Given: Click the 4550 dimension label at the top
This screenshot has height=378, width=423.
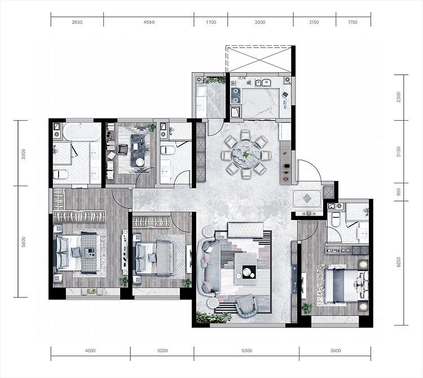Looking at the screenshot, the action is click(149, 22).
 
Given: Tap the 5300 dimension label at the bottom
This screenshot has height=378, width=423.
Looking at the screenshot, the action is click(247, 350).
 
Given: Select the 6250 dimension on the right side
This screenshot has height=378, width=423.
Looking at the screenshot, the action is click(399, 262).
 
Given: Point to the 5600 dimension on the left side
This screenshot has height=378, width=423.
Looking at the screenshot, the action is click(24, 242).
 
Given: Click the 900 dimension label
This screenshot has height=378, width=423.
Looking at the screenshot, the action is click(399, 192).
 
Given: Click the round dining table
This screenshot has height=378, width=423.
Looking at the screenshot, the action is click(246, 155).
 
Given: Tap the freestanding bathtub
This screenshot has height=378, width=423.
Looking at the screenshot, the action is click(81, 131).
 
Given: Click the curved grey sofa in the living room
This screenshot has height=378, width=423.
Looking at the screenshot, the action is click(209, 266).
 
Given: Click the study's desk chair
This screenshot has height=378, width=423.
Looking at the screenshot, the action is click(122, 149).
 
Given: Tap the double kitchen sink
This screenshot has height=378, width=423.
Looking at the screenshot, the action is click(263, 82).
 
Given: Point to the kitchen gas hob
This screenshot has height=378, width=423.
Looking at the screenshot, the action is click(236, 95).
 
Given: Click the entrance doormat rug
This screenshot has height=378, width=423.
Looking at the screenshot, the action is click(307, 198).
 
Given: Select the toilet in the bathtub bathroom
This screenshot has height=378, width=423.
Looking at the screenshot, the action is click(60, 174).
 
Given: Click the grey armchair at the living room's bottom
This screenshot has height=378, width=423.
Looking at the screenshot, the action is click(246, 305).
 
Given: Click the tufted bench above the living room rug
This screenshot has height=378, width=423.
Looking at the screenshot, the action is click(245, 230).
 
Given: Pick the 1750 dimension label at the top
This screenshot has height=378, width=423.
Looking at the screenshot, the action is click(352, 22).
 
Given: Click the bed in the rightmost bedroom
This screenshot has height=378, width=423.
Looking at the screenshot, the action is click(343, 285).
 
